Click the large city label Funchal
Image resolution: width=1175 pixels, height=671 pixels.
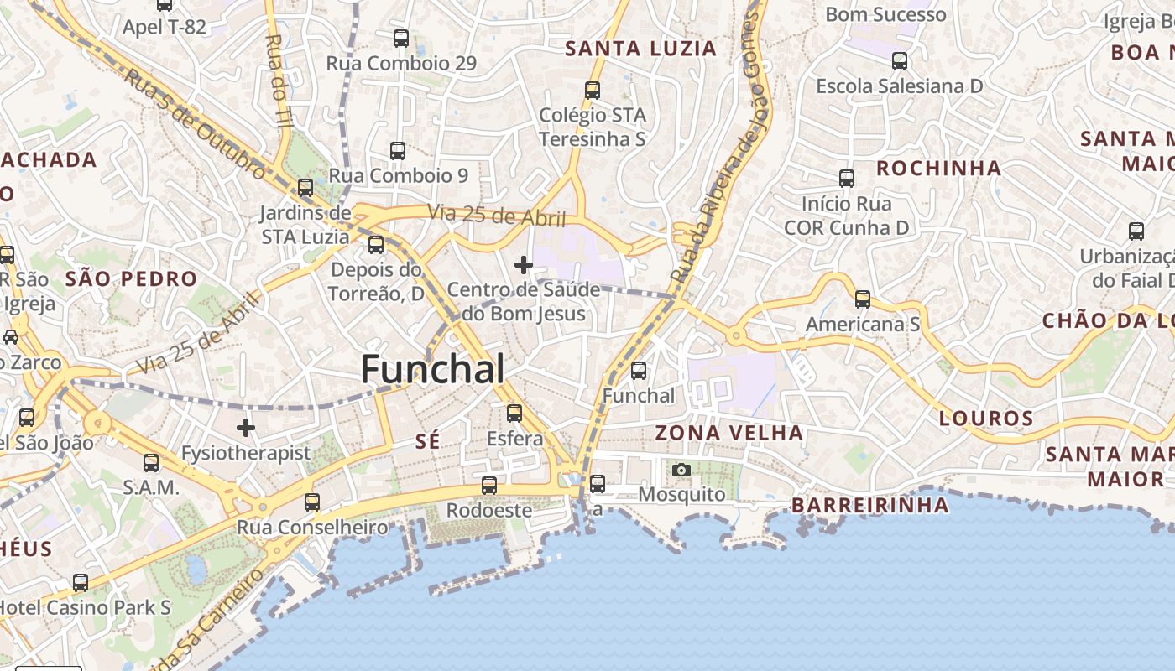point(433,369)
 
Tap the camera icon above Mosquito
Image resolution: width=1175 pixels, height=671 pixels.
point(681,470)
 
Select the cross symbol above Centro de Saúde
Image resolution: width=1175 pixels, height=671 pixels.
point(524,265)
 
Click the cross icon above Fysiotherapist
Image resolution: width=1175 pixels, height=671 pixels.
point(245,428)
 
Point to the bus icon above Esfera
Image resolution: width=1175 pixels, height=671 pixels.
point(514,413)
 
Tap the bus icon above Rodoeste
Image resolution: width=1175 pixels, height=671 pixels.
point(489,485)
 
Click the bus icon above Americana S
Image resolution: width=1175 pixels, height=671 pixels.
point(862,299)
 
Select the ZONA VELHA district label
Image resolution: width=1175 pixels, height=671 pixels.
point(729,433)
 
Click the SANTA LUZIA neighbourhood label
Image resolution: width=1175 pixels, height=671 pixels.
point(641,49)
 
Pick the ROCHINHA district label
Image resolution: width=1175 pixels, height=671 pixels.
point(939,168)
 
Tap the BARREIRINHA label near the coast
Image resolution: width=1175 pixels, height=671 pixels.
point(870,505)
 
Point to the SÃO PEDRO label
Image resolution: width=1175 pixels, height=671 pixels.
point(131,278)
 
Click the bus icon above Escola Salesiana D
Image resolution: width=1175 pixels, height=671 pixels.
point(900,60)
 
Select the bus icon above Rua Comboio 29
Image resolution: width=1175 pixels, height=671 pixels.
point(401,38)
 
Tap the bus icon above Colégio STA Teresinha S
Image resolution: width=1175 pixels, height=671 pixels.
point(593,90)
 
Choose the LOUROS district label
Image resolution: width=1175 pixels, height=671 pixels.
point(986,418)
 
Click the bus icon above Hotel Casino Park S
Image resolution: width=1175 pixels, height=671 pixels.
point(81,582)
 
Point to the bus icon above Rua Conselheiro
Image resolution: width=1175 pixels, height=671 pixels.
point(312,502)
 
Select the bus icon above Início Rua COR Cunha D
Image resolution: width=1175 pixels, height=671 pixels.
point(847,178)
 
